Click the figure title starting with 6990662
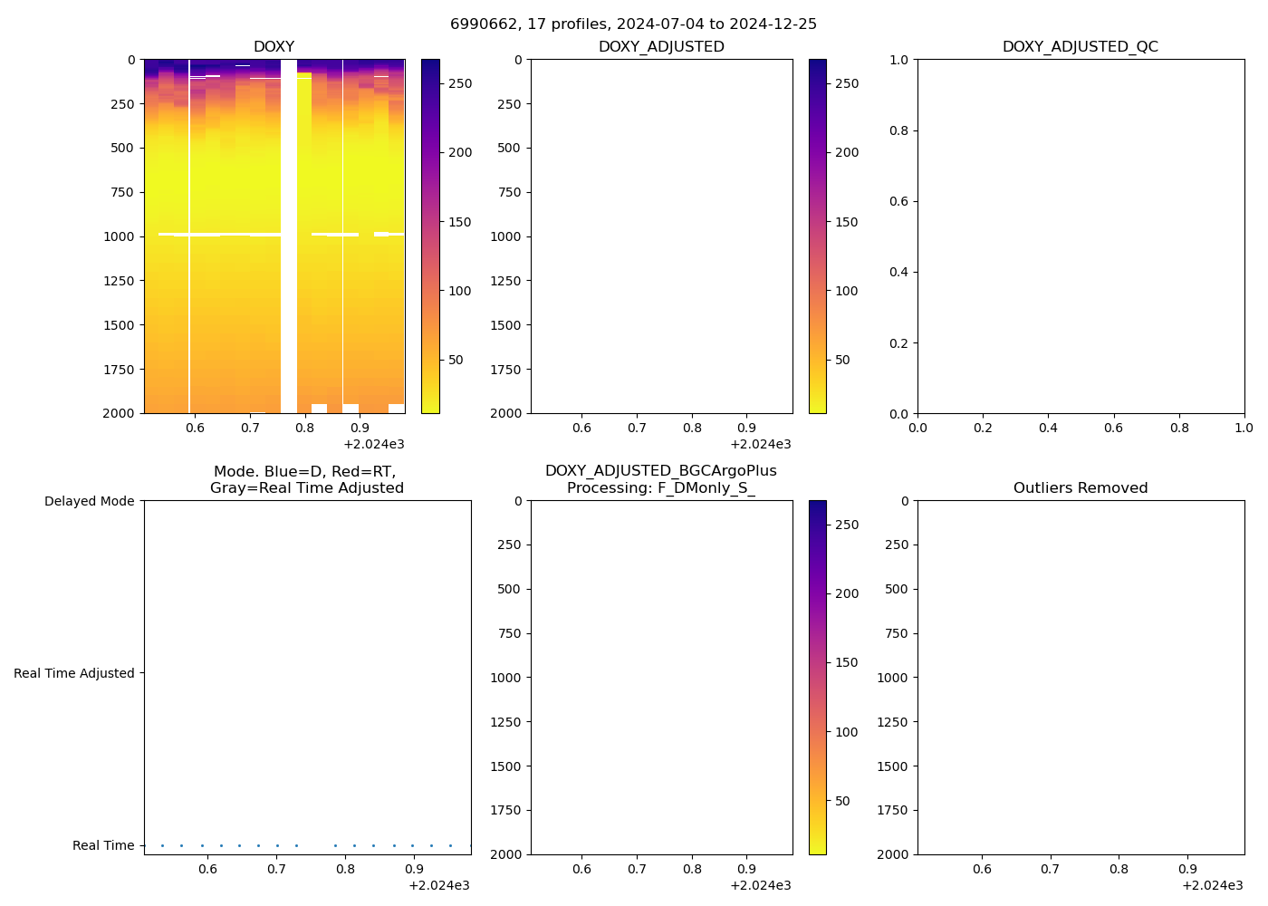633,24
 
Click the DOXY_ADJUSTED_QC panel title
1080,47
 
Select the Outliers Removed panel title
1080,488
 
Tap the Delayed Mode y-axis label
89,501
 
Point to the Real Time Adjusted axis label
73,673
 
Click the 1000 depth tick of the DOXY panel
120,236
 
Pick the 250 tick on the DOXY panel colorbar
460,83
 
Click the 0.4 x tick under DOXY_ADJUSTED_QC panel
1048,428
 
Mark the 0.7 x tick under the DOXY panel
250,428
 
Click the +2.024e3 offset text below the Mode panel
438,885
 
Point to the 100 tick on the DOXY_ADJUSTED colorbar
846,291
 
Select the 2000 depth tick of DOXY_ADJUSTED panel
506,413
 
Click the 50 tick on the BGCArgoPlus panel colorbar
842,801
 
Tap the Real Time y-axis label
103,845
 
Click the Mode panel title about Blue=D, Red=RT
306,480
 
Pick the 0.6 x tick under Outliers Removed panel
982,869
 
